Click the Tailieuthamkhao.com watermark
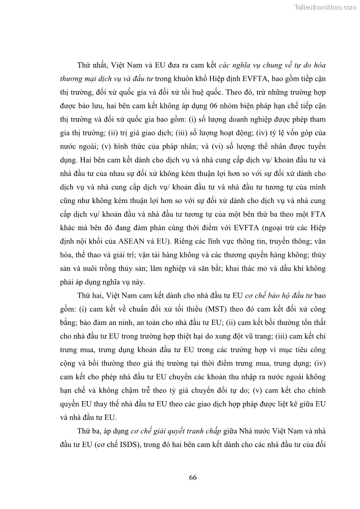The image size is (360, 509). pos(325,7)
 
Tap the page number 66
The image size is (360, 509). pos(192,477)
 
